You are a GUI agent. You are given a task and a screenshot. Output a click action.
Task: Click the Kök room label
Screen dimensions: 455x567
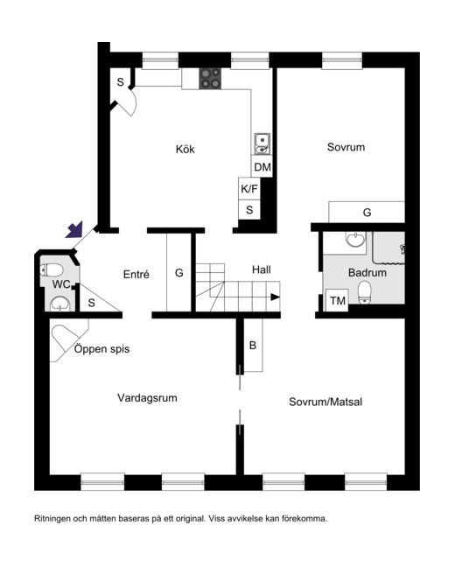(185, 149)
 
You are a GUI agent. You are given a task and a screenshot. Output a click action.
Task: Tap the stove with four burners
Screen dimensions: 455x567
(210, 79)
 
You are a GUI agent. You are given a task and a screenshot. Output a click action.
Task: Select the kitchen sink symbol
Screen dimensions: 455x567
(262, 143)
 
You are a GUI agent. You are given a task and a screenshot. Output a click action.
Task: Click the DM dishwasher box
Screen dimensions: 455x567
(262, 167)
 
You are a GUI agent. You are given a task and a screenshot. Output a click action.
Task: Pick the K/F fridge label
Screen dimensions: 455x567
(249, 188)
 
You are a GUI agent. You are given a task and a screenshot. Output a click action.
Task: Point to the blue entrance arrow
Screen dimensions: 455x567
(75, 230)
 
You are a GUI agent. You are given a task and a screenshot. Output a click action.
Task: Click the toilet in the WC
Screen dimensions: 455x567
(52, 269)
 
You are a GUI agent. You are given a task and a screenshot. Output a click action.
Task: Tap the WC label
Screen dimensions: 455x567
(60, 284)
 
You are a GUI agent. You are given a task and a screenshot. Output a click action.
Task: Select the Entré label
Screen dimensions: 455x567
(136, 274)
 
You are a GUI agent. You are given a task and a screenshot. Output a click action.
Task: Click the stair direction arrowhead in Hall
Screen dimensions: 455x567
(276, 297)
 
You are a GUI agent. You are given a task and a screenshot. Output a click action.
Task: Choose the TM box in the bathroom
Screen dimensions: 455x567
(337, 300)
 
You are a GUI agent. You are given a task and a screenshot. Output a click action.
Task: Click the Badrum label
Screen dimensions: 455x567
(367, 272)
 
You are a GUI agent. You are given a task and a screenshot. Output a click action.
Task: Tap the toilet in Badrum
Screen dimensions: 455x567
(364, 292)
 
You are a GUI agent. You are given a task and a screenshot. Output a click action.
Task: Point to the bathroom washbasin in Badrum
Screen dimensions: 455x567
(355, 240)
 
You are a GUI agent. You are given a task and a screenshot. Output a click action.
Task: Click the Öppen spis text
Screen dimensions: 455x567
(101, 349)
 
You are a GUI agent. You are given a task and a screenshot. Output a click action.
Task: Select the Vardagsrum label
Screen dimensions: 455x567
(147, 398)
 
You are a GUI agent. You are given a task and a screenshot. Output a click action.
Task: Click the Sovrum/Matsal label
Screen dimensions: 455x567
(325, 402)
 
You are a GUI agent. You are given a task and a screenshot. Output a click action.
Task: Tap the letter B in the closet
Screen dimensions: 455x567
(253, 346)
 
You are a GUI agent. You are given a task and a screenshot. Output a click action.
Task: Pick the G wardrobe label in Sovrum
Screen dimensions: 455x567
(367, 213)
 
